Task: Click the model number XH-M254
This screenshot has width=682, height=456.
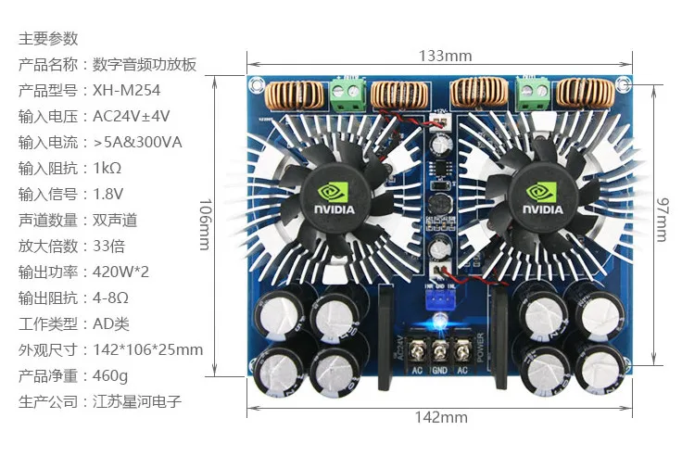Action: point(127,90)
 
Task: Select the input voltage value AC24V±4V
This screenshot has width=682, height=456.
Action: point(132,116)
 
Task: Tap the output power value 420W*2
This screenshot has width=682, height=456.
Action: point(120,272)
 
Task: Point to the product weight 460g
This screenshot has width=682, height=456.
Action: point(110,375)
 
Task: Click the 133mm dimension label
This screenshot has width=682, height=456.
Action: point(445,57)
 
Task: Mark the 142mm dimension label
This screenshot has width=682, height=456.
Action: point(441,417)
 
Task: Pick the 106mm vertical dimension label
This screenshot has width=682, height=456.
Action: point(205,224)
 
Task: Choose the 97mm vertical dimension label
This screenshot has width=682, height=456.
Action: point(662,220)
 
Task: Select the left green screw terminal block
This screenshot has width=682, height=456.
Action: point(348,95)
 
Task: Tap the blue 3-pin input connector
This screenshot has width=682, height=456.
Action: point(439,300)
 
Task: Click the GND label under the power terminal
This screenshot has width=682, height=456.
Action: point(440,371)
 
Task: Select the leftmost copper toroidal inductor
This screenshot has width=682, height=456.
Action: point(295,93)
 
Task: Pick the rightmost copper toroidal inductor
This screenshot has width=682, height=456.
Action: point(586,93)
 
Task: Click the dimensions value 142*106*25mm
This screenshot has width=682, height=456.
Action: point(148,349)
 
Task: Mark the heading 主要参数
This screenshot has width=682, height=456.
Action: point(48,39)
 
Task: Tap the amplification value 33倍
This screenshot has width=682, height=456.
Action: point(109,246)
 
